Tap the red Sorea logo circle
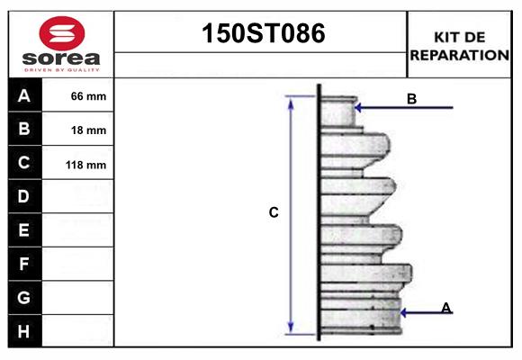coord(61,34)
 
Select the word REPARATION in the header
coord(460,55)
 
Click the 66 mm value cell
coord(88,96)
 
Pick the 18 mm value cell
coord(88,130)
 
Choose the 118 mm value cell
coord(88,165)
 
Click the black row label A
coord(24,95)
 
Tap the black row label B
coord(24,129)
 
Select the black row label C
coord(24,163)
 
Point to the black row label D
coord(24,196)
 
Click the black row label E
coord(24,230)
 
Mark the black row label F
coord(24,264)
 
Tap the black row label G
coord(24,297)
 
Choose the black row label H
coord(24,331)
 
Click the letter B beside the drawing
coord(411,99)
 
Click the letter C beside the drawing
coord(274,213)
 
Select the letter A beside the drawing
coord(445,308)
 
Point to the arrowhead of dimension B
coord(358,108)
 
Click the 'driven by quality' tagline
coord(61,68)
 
